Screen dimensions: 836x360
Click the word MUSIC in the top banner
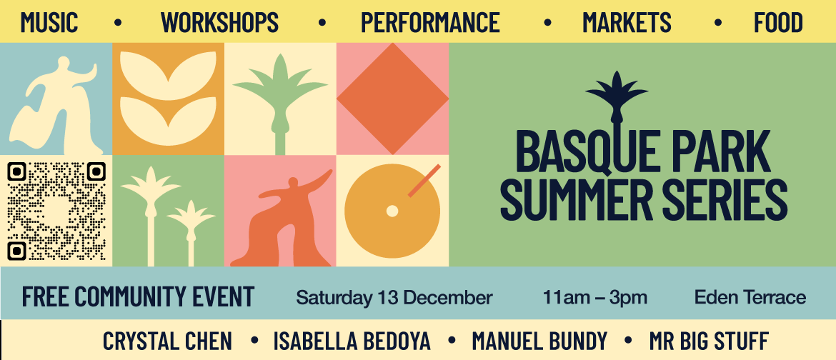tap(49, 22)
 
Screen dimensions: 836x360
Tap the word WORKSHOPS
tap(219, 22)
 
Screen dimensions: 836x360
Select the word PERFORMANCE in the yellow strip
tap(430, 22)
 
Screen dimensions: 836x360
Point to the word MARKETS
tap(627, 22)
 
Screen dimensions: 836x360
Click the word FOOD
tap(778, 22)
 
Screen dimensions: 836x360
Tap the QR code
tap(56, 211)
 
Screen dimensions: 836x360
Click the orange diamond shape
tap(392, 99)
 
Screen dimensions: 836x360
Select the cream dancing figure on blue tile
tap(56, 106)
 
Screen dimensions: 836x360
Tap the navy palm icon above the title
tap(617, 99)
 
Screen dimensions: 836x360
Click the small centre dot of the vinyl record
tap(392, 211)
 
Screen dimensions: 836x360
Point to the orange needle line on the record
tap(424, 180)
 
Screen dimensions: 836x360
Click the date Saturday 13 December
tap(394, 298)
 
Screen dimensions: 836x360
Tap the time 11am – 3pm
tap(594, 298)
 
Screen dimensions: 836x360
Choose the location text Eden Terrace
tap(750, 298)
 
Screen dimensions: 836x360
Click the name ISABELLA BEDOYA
tap(352, 341)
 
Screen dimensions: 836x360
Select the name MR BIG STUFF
tap(709, 341)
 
